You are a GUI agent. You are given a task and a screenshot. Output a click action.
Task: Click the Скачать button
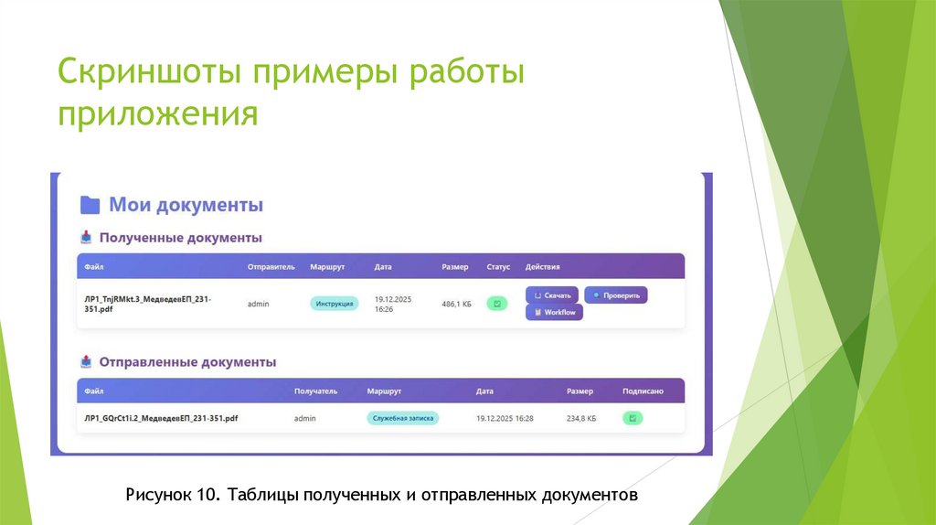coord(552,295)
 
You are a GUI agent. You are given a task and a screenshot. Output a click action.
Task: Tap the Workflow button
coord(554,312)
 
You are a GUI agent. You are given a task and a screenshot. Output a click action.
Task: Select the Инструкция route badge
coord(335,304)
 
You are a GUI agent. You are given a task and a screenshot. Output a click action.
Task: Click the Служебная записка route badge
coord(403,418)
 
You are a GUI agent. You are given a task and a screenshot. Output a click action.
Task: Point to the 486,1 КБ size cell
coord(456,304)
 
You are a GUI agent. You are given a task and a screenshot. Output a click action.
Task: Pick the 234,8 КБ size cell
coord(581,418)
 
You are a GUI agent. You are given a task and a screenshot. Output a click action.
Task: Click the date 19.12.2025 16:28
coord(505,418)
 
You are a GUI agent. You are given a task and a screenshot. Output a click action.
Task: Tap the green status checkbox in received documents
coord(496,304)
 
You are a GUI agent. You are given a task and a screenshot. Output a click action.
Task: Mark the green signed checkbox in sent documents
coord(633,418)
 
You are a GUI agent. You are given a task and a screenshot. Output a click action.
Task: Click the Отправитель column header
coord(271,267)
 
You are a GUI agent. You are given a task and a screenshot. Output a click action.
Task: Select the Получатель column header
coord(315,391)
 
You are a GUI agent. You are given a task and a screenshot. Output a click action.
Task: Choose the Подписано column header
coord(643,391)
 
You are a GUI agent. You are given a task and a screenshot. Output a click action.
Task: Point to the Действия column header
coord(542,267)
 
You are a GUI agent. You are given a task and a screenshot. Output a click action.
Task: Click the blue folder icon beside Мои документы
coord(90,205)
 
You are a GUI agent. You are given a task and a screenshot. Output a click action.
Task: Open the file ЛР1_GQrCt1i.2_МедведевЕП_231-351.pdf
coord(161,418)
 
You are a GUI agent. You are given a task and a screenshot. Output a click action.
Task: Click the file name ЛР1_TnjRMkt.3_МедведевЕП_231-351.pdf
coord(146,304)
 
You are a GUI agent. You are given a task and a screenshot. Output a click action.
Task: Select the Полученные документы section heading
coord(180,238)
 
